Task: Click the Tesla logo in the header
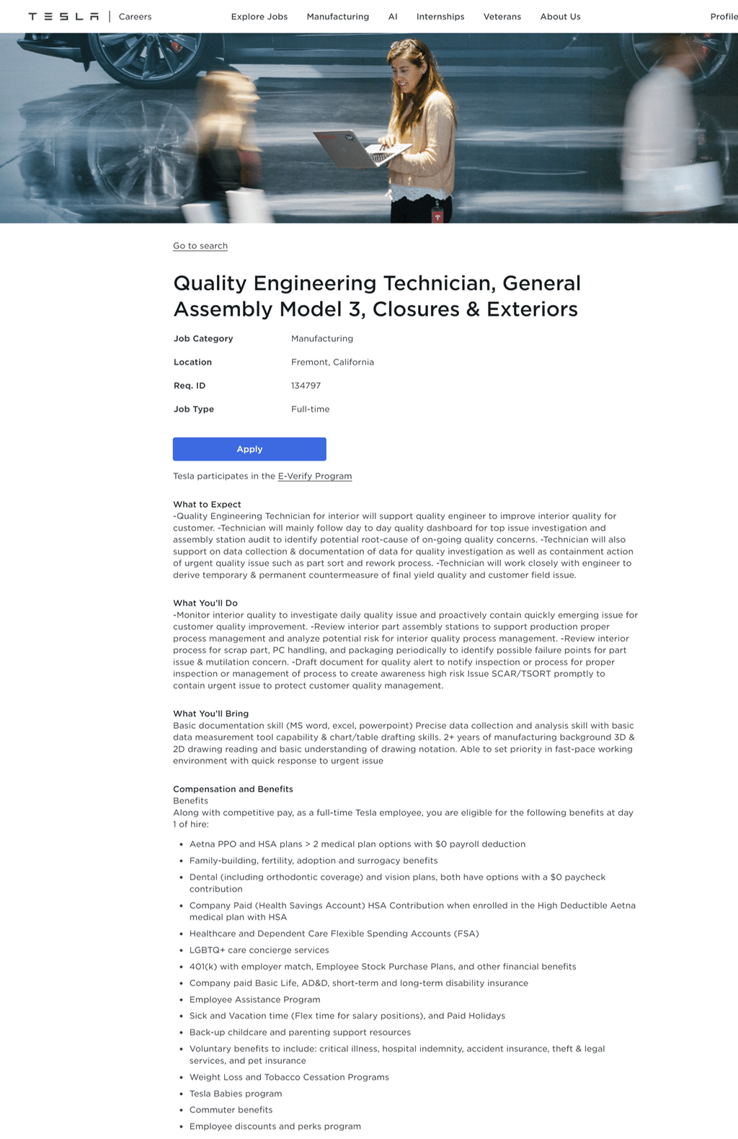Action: click(63, 17)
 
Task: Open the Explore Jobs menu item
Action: click(259, 17)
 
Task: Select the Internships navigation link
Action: click(440, 17)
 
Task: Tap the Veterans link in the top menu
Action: click(502, 17)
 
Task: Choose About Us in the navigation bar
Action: click(560, 17)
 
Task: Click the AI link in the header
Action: click(393, 17)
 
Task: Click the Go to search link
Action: click(200, 246)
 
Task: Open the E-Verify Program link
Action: click(315, 476)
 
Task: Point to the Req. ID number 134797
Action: click(306, 386)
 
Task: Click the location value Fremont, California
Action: click(332, 362)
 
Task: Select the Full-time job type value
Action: click(310, 409)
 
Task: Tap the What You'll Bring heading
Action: click(210, 714)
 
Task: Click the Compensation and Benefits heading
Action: click(233, 789)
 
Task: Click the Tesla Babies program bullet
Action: click(236, 1094)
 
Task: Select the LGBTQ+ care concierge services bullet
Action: click(259, 950)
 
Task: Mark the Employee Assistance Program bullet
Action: click(254, 999)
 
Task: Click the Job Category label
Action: click(203, 338)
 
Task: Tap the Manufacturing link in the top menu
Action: click(337, 17)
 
